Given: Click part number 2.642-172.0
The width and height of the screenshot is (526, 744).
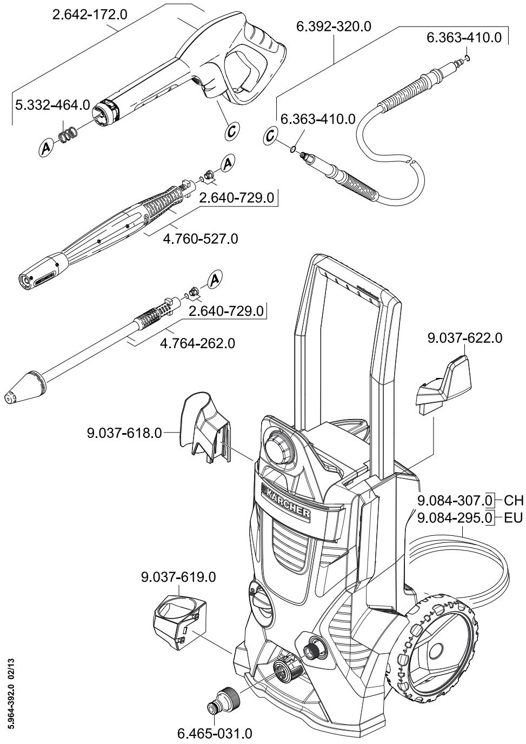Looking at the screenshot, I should click(90, 15).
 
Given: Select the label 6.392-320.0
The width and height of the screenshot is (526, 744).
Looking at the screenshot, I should click(334, 27).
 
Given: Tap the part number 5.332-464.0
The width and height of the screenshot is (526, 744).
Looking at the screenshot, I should click(52, 105).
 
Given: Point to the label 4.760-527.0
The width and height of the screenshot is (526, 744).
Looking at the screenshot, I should click(200, 238).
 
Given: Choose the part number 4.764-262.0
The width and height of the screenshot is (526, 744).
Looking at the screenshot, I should click(197, 343).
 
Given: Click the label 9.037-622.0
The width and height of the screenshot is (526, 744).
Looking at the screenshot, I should click(464, 338).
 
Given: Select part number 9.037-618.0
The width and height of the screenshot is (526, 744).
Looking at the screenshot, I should click(124, 433).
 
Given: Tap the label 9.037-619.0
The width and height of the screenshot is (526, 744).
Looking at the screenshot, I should click(178, 577).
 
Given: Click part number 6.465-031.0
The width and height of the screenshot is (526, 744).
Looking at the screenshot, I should click(215, 734).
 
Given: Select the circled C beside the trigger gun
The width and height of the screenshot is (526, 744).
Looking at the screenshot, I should click(232, 130).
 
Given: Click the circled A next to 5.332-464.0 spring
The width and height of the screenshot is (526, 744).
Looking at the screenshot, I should click(46, 147).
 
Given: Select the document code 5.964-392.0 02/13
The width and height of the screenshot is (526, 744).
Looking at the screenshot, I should click(11, 697).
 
